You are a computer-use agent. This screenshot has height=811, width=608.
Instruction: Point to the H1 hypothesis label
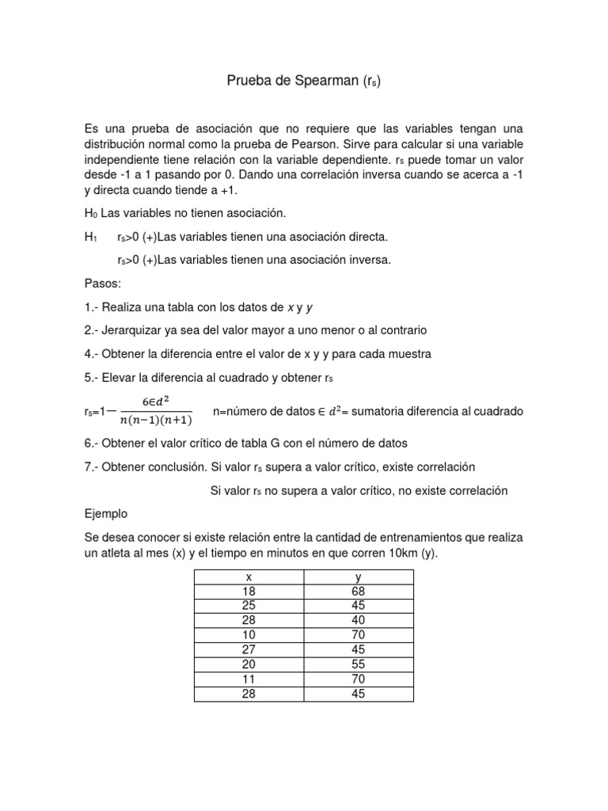(91, 237)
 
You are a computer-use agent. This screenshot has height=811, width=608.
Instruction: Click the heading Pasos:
(103, 283)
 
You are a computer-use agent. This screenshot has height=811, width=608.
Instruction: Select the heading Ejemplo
(106, 513)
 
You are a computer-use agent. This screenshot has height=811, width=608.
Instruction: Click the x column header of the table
(249, 577)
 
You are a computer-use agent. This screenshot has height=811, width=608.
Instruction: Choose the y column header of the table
(358, 577)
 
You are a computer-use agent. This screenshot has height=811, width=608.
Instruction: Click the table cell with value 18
(249, 592)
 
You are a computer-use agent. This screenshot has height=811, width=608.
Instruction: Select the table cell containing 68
(358, 592)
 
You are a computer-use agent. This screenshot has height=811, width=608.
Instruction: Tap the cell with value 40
(358, 620)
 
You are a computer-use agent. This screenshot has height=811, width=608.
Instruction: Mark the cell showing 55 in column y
(358, 664)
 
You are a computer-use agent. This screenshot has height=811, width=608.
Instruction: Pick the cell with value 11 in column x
(249, 679)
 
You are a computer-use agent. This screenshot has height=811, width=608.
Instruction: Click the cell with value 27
(249, 649)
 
